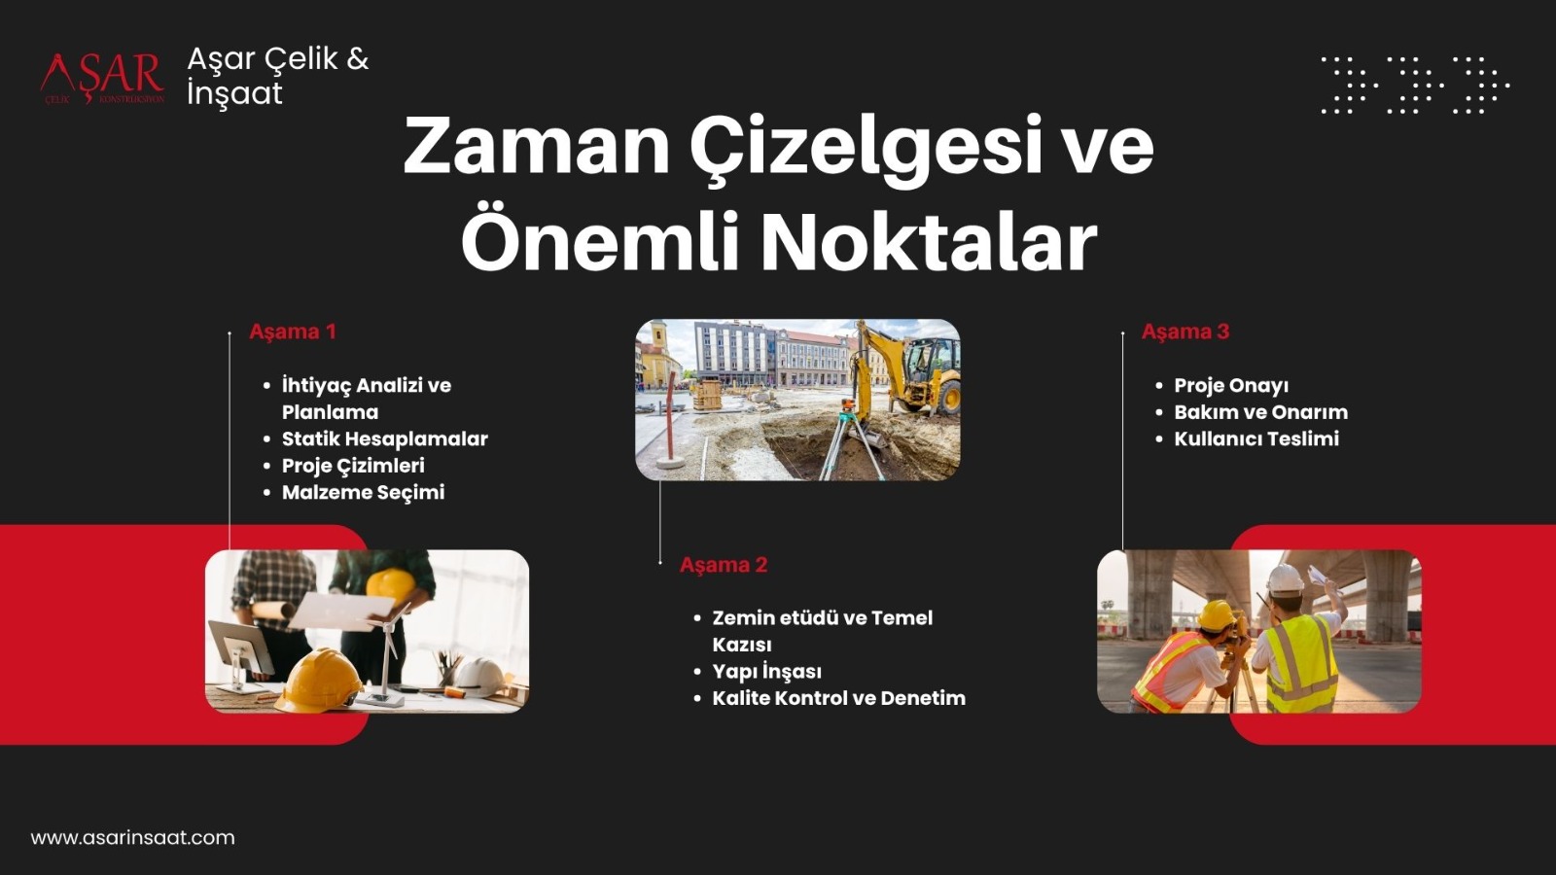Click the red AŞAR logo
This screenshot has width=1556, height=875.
point(102,79)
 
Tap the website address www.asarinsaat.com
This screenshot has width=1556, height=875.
point(132,837)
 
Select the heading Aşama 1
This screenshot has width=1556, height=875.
point(293,332)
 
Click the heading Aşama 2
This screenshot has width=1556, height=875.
point(724,565)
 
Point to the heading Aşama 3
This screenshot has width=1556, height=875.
point(1185,332)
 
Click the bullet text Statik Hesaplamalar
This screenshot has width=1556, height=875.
point(385,438)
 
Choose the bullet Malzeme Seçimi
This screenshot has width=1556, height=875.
point(363,492)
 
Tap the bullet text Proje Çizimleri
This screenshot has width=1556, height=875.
point(353,466)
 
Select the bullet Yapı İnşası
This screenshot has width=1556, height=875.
point(767,672)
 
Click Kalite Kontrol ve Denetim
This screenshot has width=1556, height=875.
point(838,698)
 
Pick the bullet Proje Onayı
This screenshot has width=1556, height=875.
point(1231,385)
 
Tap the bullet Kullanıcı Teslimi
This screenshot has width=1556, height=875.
point(1255,438)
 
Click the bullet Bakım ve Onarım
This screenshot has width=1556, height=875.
point(1260,412)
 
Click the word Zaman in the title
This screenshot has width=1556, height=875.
point(536,148)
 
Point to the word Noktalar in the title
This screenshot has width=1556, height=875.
point(930,243)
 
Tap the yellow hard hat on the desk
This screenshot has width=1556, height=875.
point(319,681)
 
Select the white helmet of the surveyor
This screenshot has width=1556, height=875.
point(1285,579)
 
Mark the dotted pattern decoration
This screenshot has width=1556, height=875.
point(1415,86)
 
